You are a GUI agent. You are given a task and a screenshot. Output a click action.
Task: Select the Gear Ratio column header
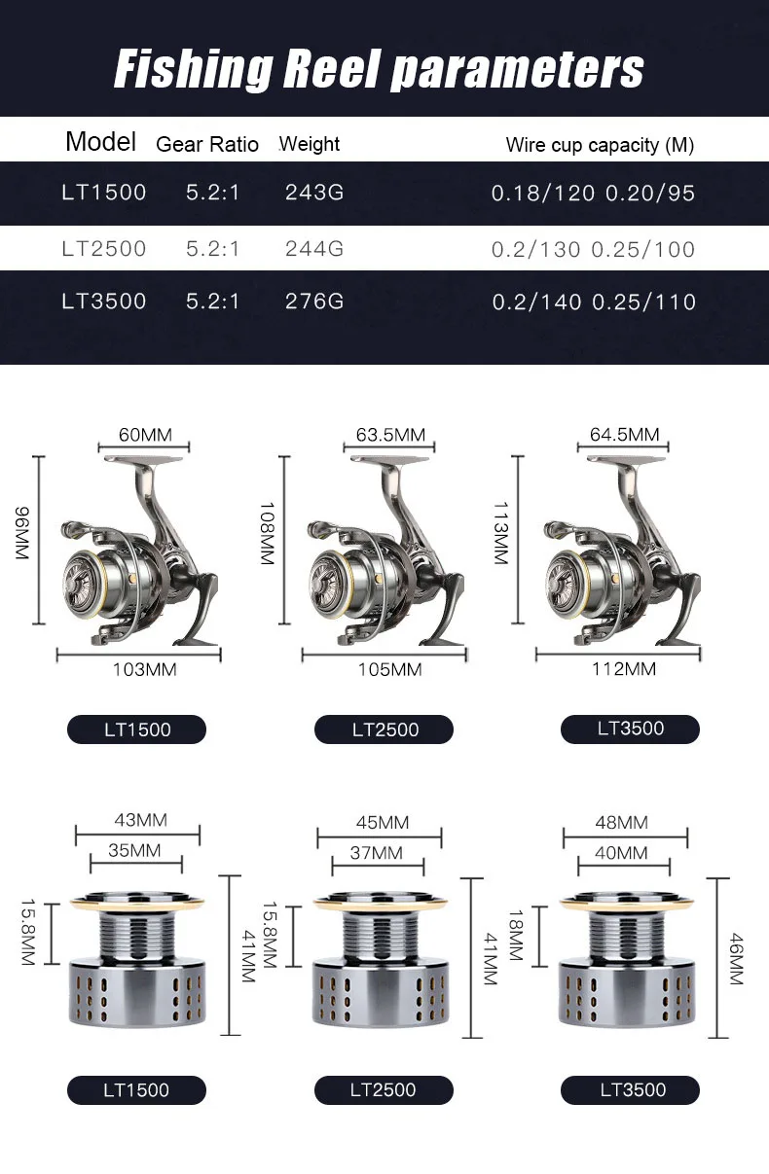click(x=207, y=144)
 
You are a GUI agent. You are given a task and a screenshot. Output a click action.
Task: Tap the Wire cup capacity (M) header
click(x=600, y=145)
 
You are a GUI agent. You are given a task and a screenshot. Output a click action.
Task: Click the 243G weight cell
click(x=314, y=193)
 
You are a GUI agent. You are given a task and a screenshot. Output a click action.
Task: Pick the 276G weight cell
click(x=314, y=302)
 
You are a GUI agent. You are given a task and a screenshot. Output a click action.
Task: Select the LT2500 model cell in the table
click(x=104, y=248)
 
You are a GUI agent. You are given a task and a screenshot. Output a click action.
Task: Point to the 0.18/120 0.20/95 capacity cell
click(x=593, y=193)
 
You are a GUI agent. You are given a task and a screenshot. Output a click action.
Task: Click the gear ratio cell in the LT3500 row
click(x=212, y=302)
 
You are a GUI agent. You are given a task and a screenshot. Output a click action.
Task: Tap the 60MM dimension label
click(x=145, y=435)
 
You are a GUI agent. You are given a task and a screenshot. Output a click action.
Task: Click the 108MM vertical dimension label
click(x=268, y=534)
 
